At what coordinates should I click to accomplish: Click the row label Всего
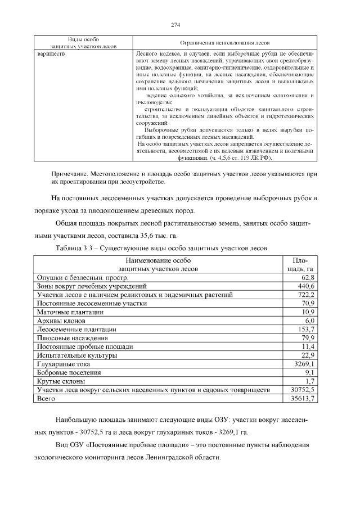(x=47, y=398)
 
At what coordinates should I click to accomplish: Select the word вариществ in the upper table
(x=51, y=54)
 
